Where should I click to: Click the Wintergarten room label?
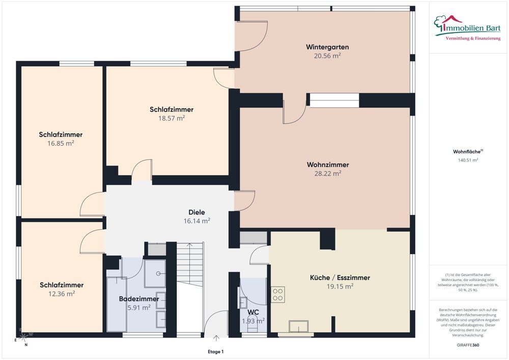pyautogui.click(x=327, y=47)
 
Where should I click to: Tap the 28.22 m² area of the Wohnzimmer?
pyautogui.click(x=327, y=173)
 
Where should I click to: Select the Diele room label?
pyautogui.click(x=196, y=212)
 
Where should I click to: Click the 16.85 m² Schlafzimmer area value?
pyautogui.click(x=61, y=143)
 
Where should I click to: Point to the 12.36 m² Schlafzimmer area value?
pyautogui.click(x=62, y=293)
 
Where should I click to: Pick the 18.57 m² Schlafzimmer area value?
pyautogui.click(x=172, y=118)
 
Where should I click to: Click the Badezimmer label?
pyautogui.click(x=139, y=299)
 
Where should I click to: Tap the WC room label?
pyautogui.click(x=253, y=312)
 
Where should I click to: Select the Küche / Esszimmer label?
pyautogui.click(x=340, y=278)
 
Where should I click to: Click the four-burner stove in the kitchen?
pyautogui.click(x=278, y=294)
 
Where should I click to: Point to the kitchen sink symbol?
pyautogui.click(x=299, y=326)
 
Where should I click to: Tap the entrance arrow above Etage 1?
pyautogui.click(x=216, y=339)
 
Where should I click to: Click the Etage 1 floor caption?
pyautogui.click(x=216, y=351)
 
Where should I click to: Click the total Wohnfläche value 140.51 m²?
pyautogui.click(x=468, y=160)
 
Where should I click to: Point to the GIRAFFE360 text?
pyautogui.click(x=468, y=345)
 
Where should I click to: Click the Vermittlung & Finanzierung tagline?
pyautogui.click(x=473, y=39)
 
